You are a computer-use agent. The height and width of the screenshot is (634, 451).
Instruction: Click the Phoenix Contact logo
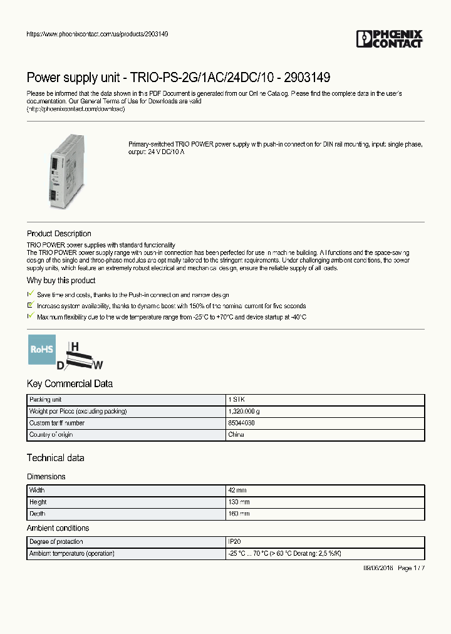[x=389, y=39]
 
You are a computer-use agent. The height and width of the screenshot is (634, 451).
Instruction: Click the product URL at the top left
[x=96, y=34]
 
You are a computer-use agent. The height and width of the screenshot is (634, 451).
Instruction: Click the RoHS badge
[x=41, y=349]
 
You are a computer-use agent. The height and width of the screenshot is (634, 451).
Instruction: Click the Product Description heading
[x=59, y=234]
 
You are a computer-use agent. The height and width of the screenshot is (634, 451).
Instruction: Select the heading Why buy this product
[x=61, y=281]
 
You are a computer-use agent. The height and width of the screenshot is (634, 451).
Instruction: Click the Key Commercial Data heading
[x=70, y=383]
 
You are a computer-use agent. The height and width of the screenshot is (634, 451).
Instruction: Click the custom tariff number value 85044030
[x=241, y=423]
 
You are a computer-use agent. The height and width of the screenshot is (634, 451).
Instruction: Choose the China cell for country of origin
[x=236, y=434]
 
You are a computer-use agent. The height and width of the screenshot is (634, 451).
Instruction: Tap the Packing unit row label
[x=45, y=400]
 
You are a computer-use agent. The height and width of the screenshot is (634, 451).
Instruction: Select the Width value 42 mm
[x=238, y=491]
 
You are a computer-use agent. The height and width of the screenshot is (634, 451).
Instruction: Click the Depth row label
[x=38, y=514]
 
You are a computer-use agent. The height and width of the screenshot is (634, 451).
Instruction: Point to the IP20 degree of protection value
[x=234, y=542]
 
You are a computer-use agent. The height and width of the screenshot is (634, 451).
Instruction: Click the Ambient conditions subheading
[x=58, y=528]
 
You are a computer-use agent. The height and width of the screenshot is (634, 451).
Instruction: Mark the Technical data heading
[x=55, y=458]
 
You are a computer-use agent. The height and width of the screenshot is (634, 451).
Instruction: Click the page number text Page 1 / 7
[x=411, y=568]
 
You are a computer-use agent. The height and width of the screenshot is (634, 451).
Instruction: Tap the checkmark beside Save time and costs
[x=30, y=294]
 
